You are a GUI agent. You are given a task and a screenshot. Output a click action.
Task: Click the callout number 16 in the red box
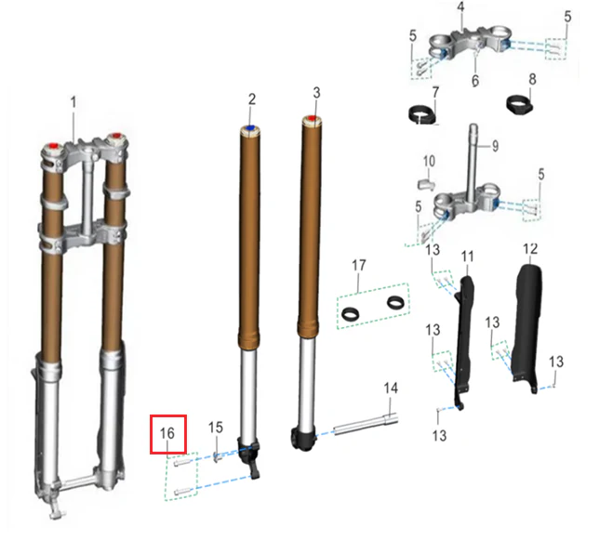pos(167,433)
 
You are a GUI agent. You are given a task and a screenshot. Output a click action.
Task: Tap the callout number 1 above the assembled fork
pos(73,102)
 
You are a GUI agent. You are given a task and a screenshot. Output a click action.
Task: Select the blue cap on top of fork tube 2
pos(250,128)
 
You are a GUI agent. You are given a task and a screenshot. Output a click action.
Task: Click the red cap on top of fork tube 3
pos(312,118)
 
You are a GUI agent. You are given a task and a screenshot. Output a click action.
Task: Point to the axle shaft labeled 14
pos(366,425)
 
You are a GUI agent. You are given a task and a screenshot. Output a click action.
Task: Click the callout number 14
pos(391,388)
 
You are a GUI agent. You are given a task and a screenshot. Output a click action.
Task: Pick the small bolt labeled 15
pos(217,456)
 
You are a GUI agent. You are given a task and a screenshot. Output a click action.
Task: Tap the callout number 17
pos(359,265)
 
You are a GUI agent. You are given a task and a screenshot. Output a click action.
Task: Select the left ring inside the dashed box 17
pos(350,313)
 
